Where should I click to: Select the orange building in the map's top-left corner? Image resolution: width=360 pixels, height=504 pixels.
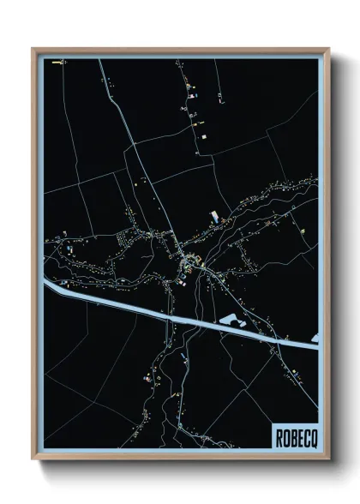pos(57,63)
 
